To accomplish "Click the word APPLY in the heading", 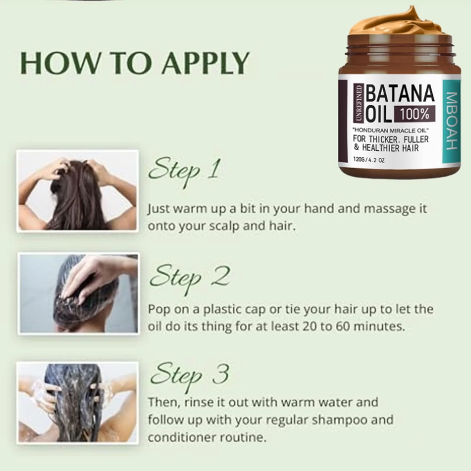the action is pyautogui.click(x=205, y=63).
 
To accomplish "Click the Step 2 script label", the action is pyautogui.click(x=190, y=278).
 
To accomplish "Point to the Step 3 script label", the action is pyautogui.click(x=190, y=376).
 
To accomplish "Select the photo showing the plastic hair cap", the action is pyautogui.click(x=78, y=293).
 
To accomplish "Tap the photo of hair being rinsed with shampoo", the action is pyautogui.click(x=78, y=403).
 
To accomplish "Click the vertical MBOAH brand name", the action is pyautogui.click(x=452, y=121).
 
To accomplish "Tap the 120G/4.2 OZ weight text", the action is pyautogui.click(x=369, y=160).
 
